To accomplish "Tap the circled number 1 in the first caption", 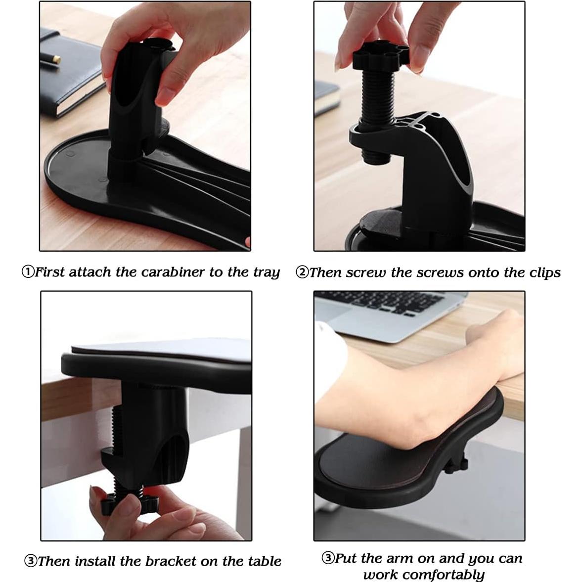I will click(28, 272).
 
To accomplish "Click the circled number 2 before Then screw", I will click(302, 272).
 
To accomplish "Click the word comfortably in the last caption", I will click(424, 575).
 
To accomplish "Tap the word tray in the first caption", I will click(267, 272).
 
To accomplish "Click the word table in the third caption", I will click(264, 561).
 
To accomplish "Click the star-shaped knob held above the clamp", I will click(380, 55).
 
